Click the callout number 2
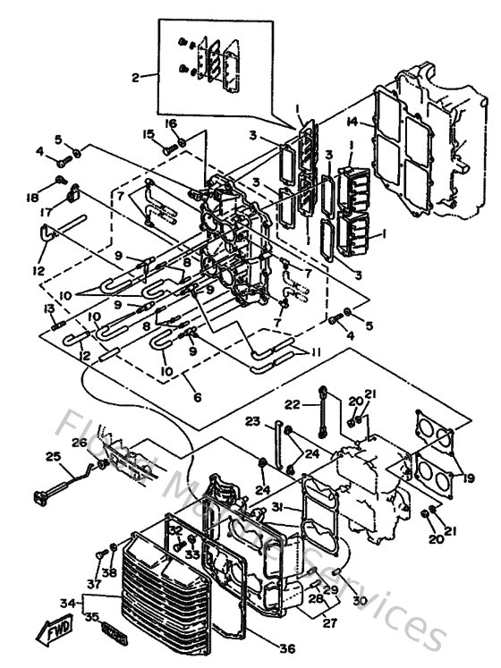136,78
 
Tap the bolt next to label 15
169,148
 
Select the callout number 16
170,123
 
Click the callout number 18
56,196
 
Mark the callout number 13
49,309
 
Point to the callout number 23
253,422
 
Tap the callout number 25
52,456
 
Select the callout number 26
78,441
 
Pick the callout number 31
278,507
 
